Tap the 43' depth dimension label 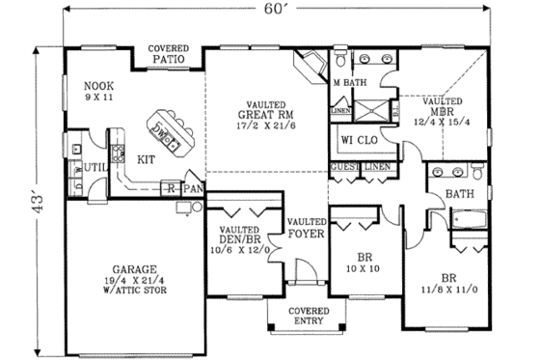coord(38,204)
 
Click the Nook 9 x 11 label coord(99,90)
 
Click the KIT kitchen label coord(147,160)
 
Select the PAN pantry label coord(192,188)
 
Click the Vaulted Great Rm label coord(254,116)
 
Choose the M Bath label coord(348,83)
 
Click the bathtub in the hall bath coord(470,224)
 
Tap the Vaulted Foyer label coord(307,228)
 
